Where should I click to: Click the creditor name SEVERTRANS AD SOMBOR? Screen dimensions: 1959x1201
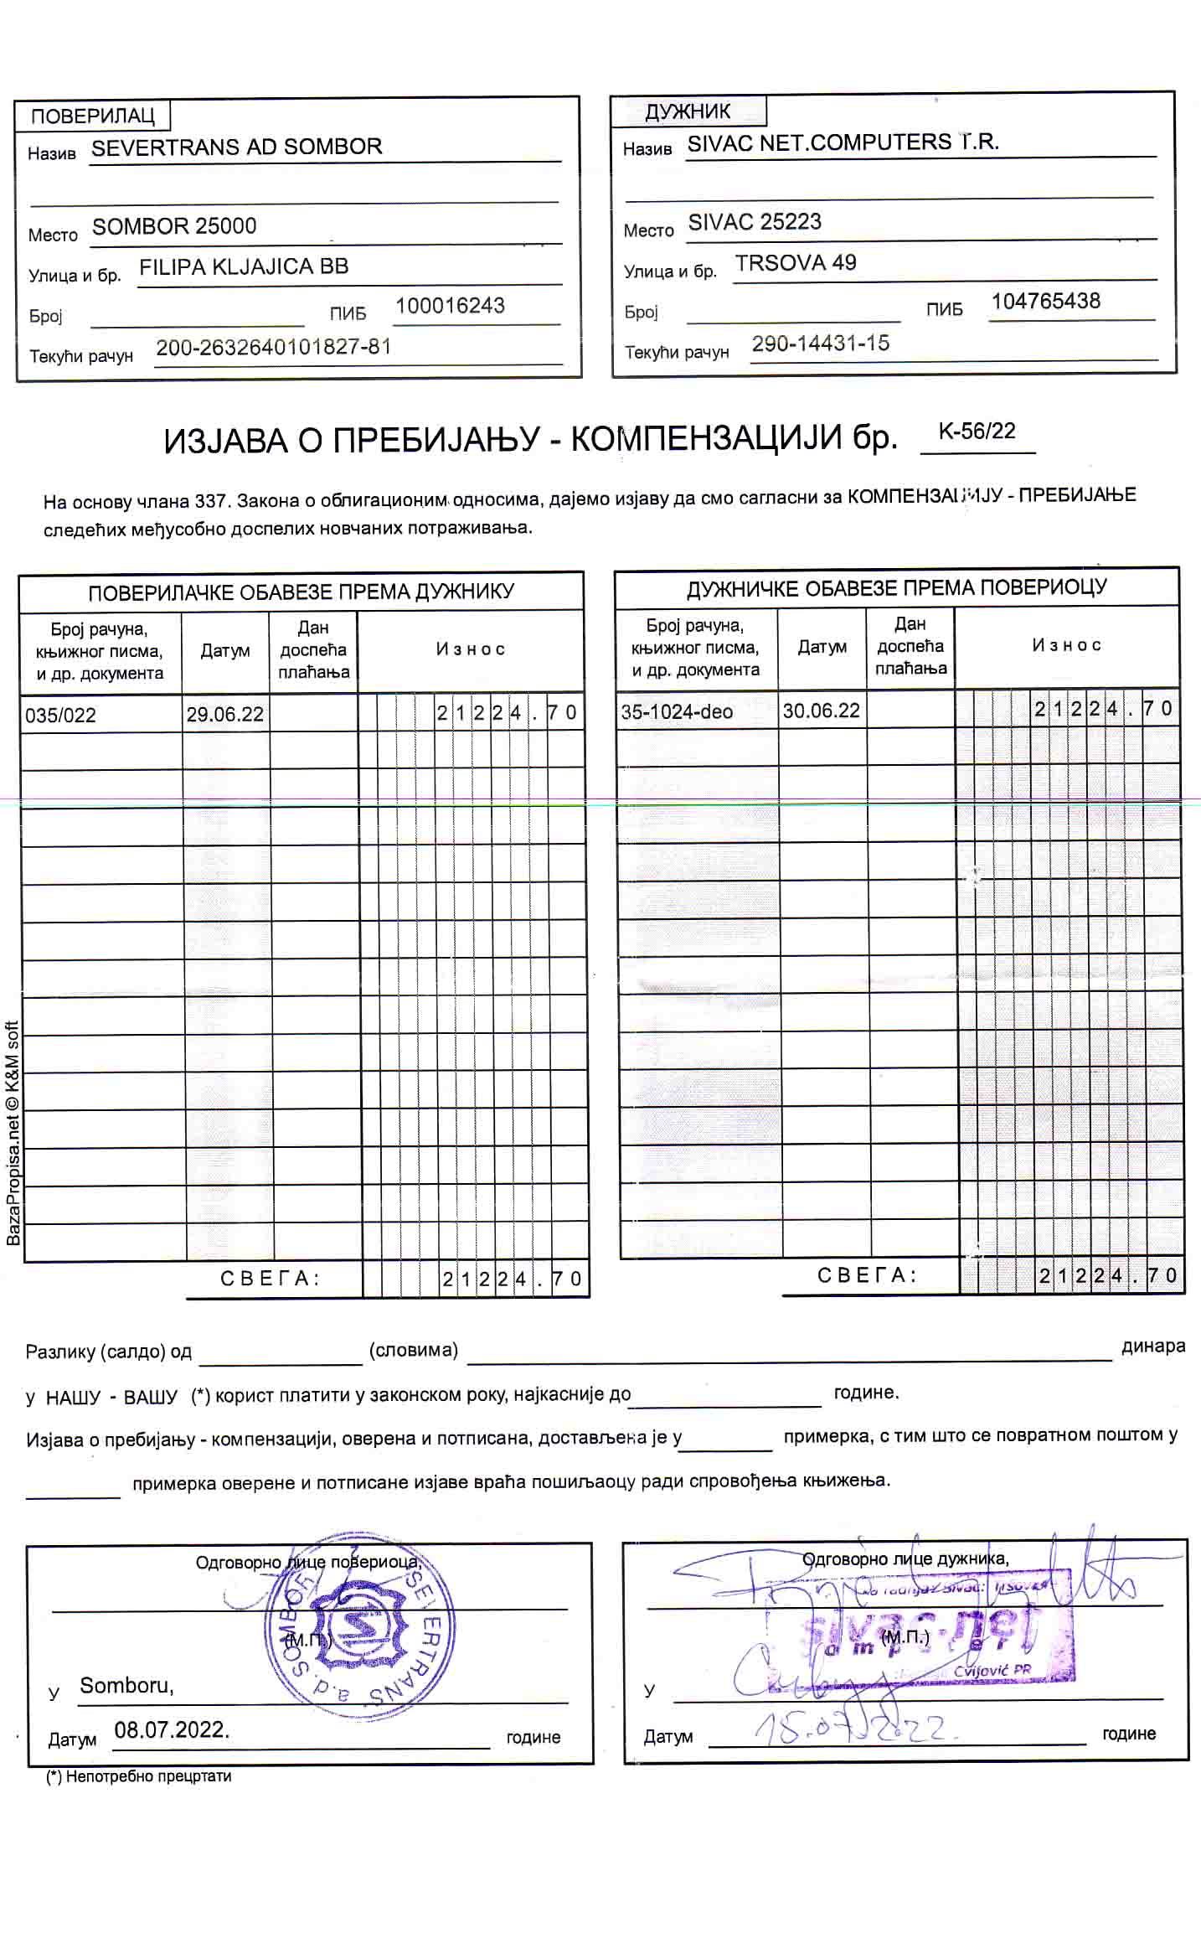pos(236,147)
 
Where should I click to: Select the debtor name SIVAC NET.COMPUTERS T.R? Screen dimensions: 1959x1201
pos(843,142)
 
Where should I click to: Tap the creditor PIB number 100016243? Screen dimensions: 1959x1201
pos(450,306)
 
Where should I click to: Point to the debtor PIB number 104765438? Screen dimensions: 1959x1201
pos(1045,302)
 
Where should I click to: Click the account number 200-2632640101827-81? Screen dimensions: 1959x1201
pos(274,347)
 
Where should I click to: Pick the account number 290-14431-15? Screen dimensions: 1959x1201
pos(820,344)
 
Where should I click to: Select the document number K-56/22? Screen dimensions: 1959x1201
pos(977,432)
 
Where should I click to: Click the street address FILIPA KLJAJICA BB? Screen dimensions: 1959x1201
pos(243,266)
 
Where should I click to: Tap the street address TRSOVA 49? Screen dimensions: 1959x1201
pos(795,263)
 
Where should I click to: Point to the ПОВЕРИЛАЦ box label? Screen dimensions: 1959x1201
pos(92,116)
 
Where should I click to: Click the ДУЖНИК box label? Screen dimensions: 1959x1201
pos(688,111)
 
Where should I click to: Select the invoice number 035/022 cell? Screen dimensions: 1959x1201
pos(60,715)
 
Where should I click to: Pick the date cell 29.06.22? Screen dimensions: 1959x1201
pos(224,714)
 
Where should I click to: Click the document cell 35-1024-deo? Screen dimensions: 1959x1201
pos(676,711)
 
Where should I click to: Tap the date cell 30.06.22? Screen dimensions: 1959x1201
pos(821,711)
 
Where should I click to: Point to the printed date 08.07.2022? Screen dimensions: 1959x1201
pos(172,1729)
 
